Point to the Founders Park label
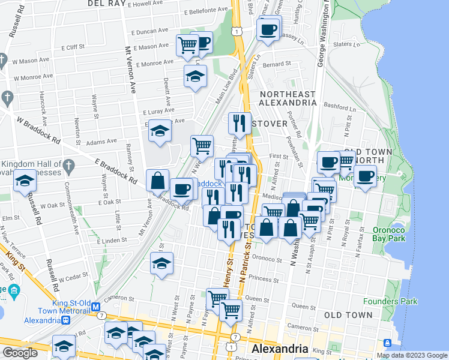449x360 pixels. click(x=390, y=301)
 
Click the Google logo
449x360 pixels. click(x=19, y=353)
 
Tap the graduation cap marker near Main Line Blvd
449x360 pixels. click(x=195, y=76)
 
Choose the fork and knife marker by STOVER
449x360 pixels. click(x=240, y=123)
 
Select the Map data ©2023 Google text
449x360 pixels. click(x=412, y=355)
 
